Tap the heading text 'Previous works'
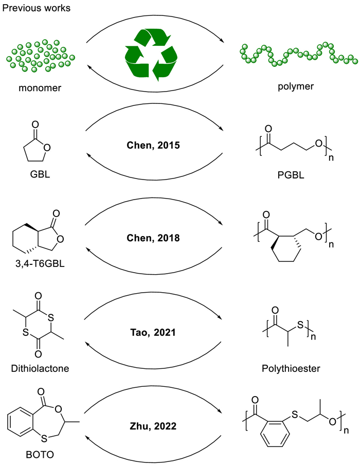37,8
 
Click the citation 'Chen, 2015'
154,146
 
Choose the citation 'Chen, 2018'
154,239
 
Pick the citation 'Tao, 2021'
154,332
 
